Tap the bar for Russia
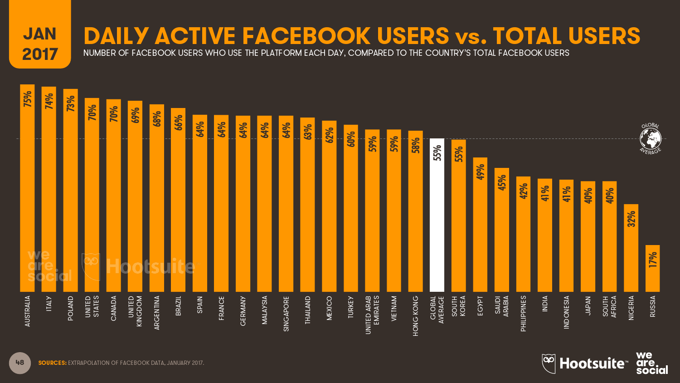652,272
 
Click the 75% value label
28,99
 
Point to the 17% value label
653,260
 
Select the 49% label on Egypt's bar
481,172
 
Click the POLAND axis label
70,309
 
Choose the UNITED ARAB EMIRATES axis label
372,315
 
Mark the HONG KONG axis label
416,316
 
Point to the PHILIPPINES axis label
523,314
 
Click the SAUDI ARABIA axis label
502,306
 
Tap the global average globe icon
651,138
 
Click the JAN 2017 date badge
40,44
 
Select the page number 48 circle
20,363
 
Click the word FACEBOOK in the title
306,36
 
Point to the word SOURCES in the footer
52,363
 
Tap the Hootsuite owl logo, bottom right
549,363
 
